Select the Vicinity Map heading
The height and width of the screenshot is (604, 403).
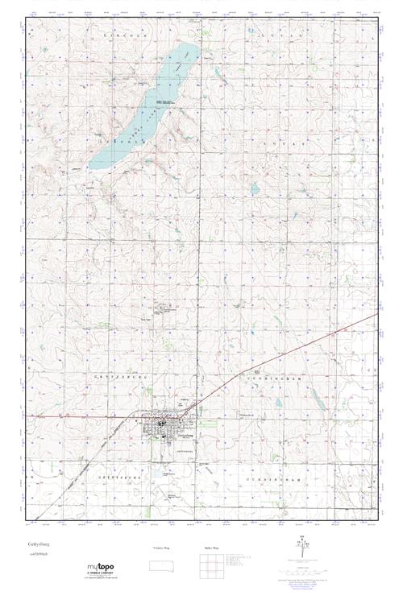point(162,548)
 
